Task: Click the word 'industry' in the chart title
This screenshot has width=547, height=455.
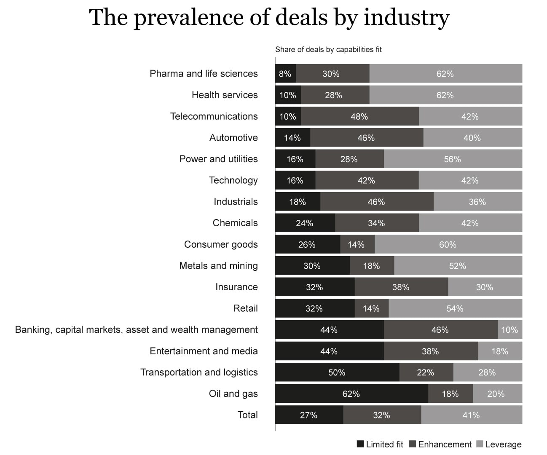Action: [407, 18]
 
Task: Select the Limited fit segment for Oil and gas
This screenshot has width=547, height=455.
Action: [351, 393]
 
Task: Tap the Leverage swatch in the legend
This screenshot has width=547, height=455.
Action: [480, 444]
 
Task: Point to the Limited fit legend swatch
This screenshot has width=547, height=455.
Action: [360, 444]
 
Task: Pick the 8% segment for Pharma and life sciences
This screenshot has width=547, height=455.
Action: [285, 74]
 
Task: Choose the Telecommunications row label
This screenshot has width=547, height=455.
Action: [214, 116]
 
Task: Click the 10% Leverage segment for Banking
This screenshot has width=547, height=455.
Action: [509, 329]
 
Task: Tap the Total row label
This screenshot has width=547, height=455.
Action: [247, 415]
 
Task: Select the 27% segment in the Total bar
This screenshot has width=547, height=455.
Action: [309, 415]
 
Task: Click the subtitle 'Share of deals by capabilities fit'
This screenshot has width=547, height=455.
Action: [328, 49]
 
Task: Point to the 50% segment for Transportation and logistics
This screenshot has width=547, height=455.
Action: [337, 372]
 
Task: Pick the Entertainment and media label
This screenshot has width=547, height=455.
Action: [204, 351]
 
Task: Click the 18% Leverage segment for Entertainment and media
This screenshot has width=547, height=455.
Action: [500, 351]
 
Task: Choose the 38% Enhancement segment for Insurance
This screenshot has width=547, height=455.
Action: [401, 287]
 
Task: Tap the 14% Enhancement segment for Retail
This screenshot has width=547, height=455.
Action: [371, 308]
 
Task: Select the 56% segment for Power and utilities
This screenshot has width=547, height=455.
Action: [453, 159]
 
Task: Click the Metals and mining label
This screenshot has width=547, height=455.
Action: [218, 265]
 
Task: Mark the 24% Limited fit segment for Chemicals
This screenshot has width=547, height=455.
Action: [305, 223]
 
